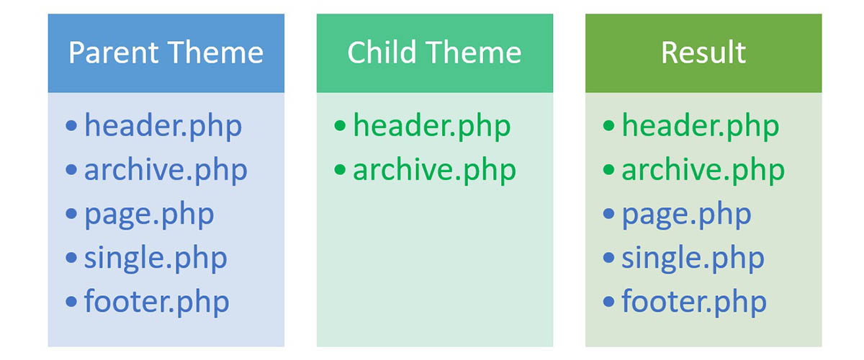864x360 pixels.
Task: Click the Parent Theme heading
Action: (x=166, y=53)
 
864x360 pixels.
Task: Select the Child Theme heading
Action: (x=434, y=53)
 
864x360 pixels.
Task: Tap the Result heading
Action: (x=703, y=53)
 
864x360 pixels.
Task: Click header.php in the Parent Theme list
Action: (x=163, y=127)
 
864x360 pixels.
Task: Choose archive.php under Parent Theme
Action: (x=166, y=171)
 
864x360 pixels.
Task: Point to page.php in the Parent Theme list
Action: (x=149, y=215)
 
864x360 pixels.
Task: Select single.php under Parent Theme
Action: (x=156, y=258)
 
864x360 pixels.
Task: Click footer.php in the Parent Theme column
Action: (x=157, y=301)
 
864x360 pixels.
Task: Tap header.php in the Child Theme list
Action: (x=431, y=127)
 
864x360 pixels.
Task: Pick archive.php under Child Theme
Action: (x=434, y=171)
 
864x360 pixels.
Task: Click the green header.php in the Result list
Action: (x=700, y=127)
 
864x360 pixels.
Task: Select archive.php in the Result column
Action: (x=703, y=171)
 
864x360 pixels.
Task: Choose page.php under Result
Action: (x=686, y=215)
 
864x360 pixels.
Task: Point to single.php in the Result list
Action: (x=693, y=258)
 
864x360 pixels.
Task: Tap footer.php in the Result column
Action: (x=694, y=301)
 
